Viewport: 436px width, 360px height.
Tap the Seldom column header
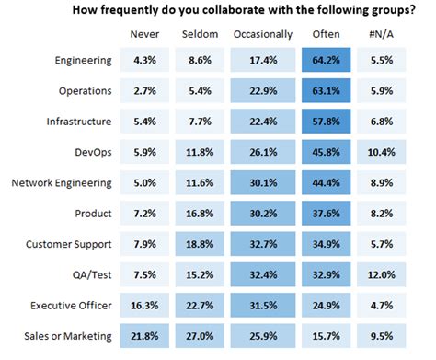pos(200,34)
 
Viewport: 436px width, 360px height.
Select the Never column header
pos(147,34)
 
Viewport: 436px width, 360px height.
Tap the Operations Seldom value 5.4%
pos(200,92)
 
